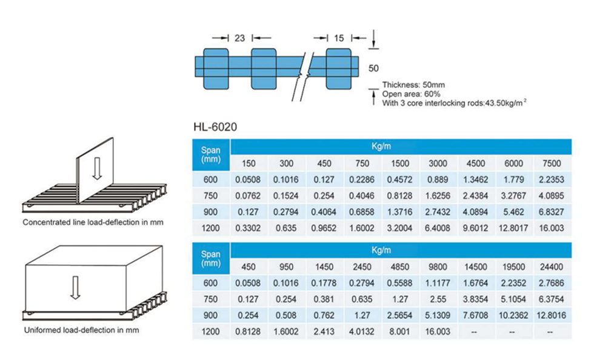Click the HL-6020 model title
[215, 127]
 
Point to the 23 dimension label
[239, 38]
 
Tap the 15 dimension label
[339, 38]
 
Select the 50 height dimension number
[373, 68]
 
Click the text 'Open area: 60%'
[411, 94]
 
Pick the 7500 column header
[552, 163]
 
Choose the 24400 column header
[552, 267]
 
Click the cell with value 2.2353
[552, 179]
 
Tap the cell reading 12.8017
[514, 228]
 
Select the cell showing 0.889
[438, 179]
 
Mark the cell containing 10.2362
[514, 315]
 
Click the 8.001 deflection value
[400, 332]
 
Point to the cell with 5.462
[514, 212]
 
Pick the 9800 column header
[438, 267]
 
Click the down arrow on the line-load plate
[97, 168]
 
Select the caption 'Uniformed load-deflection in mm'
[81, 330]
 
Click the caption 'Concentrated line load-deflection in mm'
[93, 222]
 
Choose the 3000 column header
[438, 163]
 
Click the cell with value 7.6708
[476, 315]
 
